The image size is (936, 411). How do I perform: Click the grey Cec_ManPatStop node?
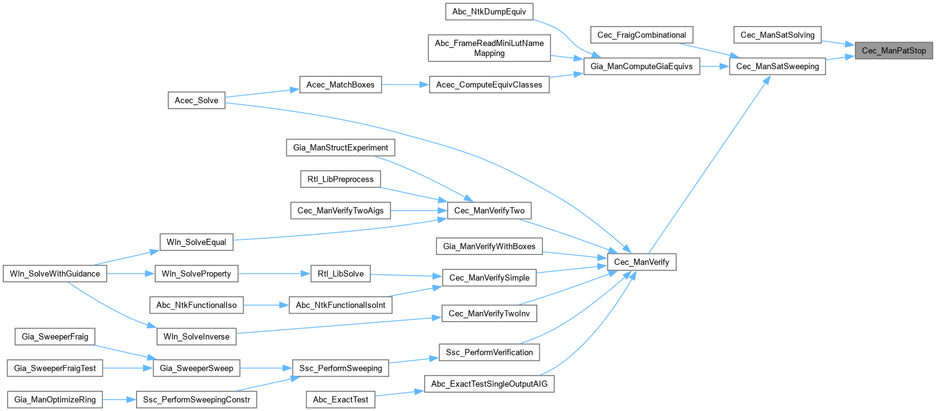point(894,51)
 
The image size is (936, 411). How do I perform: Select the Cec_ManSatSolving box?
point(778,35)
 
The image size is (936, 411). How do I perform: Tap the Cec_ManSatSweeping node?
point(777,67)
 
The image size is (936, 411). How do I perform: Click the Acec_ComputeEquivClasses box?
point(490,85)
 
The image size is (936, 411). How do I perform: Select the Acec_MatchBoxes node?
point(340,85)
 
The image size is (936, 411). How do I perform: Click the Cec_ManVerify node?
point(641,262)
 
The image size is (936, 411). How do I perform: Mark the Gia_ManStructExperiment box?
point(340,148)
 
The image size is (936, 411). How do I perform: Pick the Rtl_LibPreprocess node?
point(340,179)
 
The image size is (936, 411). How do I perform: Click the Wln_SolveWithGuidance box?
point(55,274)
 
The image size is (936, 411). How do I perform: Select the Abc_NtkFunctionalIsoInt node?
point(341,305)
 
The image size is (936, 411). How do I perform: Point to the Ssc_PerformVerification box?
point(490,352)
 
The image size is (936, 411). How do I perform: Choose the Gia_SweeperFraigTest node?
point(55,368)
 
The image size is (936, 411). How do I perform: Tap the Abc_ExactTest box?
point(341,400)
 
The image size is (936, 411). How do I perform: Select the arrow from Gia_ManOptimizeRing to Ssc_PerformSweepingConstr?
point(119,400)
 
